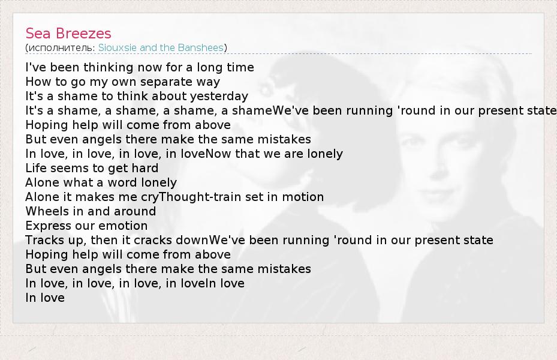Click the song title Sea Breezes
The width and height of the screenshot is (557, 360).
pyautogui.click(x=68, y=34)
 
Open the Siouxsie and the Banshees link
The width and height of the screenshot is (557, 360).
pyautogui.click(x=161, y=47)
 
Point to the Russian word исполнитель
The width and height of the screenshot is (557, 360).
pyautogui.click(x=61, y=48)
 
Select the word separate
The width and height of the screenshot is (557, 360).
pyautogui.click(x=162, y=82)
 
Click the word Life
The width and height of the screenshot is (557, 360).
pyautogui.click(x=35, y=168)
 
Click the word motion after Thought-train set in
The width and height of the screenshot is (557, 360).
pyautogui.click(x=303, y=197)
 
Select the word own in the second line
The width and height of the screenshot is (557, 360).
pyautogui.click(x=124, y=82)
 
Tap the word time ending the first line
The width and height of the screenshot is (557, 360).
pyautogui.click(x=241, y=67)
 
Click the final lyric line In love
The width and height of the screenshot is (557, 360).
pyautogui.click(x=45, y=298)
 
